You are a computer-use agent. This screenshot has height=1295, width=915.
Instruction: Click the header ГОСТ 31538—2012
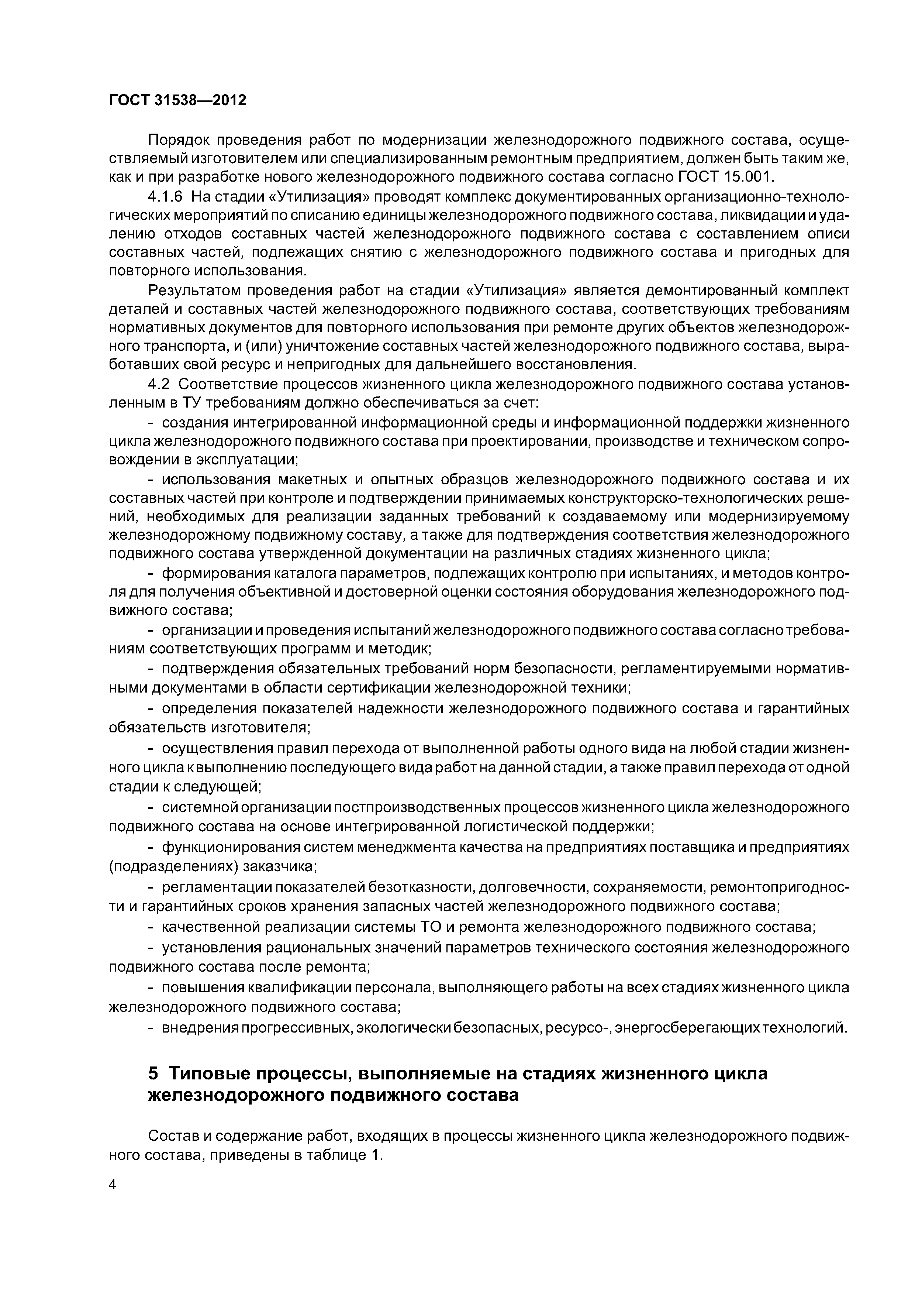coord(177,100)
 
